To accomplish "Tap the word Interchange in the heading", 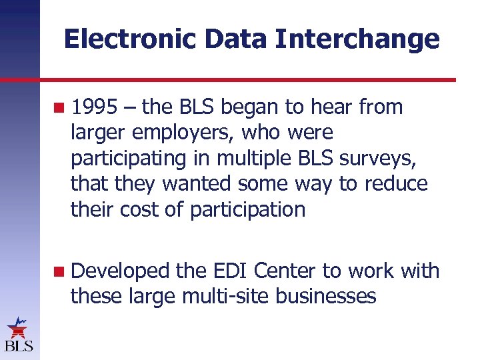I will pyautogui.click(x=357, y=39).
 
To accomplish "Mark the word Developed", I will pyautogui.click(x=121, y=271).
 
